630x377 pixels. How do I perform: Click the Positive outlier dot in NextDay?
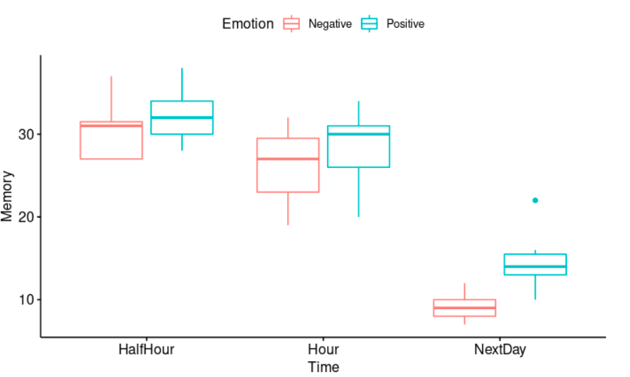pyautogui.click(x=535, y=201)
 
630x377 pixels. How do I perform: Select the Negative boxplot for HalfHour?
pyautogui.click(x=111, y=140)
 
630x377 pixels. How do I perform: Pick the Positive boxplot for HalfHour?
pyautogui.click(x=182, y=118)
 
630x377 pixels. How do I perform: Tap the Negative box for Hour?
pyautogui.click(x=288, y=165)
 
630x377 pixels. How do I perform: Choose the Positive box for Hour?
pyautogui.click(x=358, y=147)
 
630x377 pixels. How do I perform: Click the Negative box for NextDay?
pyautogui.click(x=464, y=308)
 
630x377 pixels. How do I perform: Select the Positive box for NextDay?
pyautogui.click(x=535, y=264)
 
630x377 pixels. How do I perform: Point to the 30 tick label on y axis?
pyautogui.click(x=25, y=135)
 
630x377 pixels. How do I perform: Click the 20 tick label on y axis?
pyautogui.click(x=25, y=217)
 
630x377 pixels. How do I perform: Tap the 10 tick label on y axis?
pyautogui.click(x=25, y=300)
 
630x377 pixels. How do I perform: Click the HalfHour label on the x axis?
pyautogui.click(x=147, y=349)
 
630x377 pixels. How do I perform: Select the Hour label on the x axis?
pyautogui.click(x=323, y=349)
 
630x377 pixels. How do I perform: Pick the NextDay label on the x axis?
pyautogui.click(x=500, y=349)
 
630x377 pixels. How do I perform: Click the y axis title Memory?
pyautogui.click(x=8, y=196)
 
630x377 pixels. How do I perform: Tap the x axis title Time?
pyautogui.click(x=323, y=367)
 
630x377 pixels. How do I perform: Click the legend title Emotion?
pyautogui.click(x=248, y=23)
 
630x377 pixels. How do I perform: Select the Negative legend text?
pyautogui.click(x=330, y=24)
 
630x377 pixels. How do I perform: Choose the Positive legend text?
pyautogui.click(x=406, y=24)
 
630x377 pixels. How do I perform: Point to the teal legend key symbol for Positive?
pyautogui.click(x=370, y=23)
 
